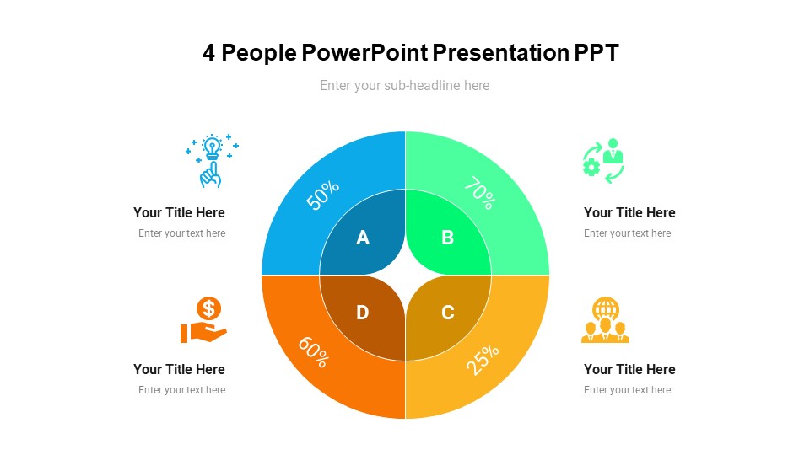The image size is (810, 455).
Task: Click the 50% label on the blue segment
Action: click(323, 195)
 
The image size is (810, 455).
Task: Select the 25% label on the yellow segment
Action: click(483, 359)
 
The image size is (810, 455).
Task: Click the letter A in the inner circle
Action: click(363, 238)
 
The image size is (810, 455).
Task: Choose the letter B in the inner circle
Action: click(448, 238)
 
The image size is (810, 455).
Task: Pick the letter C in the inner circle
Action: click(448, 313)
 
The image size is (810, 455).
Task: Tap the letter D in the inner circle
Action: click(363, 313)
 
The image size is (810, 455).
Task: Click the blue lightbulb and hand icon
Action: click(212, 160)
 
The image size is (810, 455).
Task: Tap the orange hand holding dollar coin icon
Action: click(204, 320)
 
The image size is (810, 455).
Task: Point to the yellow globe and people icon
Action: click(605, 320)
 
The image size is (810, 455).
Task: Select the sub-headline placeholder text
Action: click(405, 85)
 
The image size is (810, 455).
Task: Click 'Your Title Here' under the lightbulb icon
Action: click(179, 212)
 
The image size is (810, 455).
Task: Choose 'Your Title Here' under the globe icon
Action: click(629, 369)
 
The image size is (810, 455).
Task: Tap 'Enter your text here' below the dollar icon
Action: click(182, 390)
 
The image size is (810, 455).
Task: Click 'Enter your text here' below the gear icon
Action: click(627, 233)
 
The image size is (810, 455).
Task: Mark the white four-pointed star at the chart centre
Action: click(406, 276)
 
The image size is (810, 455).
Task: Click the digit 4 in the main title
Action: click(209, 53)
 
